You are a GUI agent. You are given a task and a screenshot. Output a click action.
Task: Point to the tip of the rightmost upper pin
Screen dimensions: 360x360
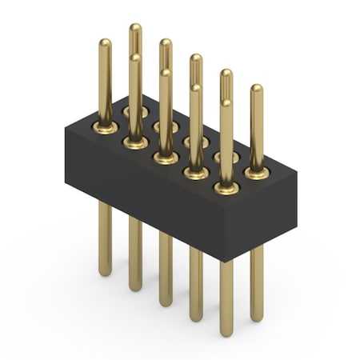(x=256, y=88)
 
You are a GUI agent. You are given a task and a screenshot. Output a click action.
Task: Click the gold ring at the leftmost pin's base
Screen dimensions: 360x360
(x=105, y=126)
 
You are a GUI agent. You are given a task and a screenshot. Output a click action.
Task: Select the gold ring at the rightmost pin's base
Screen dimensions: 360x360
(x=256, y=172)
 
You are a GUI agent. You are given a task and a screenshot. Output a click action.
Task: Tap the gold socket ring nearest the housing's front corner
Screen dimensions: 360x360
(x=226, y=188)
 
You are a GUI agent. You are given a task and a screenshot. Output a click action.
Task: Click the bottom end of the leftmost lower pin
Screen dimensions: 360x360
(x=105, y=272)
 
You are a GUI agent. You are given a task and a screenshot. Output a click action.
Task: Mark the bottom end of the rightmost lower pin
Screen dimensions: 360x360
(x=256, y=317)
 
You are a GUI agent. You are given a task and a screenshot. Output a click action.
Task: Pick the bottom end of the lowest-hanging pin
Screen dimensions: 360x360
(x=226, y=332)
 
